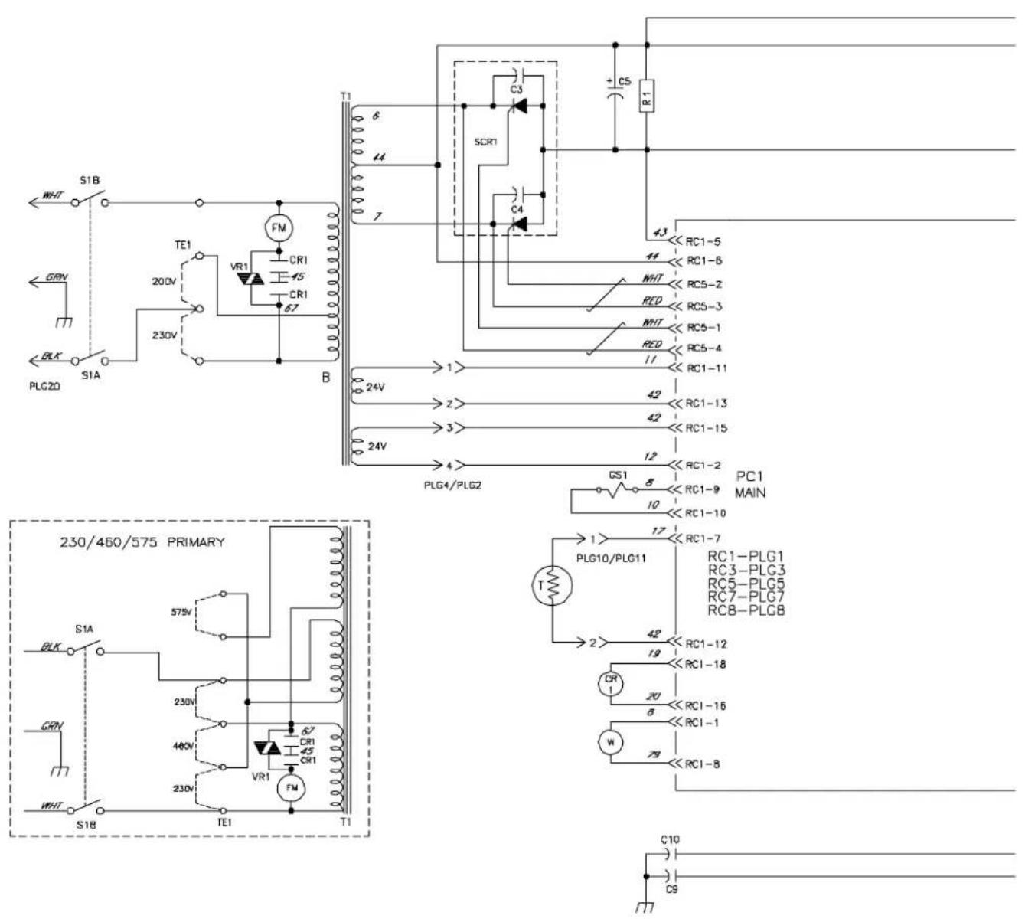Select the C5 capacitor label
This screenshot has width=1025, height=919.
[x=625, y=80]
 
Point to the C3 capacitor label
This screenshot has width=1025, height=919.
[x=517, y=90]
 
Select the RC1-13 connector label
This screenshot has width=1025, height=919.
[x=706, y=404]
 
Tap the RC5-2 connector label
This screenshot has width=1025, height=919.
[x=704, y=284]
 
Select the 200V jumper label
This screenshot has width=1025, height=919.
[x=165, y=281]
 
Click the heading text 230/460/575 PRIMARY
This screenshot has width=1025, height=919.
[x=142, y=542]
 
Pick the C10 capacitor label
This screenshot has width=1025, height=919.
[x=668, y=839]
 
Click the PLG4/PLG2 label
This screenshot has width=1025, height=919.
[x=452, y=484]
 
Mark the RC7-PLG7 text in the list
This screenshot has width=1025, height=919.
[x=746, y=597]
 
